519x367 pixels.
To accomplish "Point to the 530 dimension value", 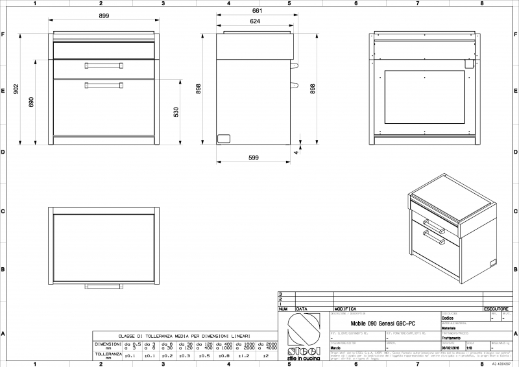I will [x=175, y=112].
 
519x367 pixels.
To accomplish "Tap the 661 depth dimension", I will [x=256, y=10].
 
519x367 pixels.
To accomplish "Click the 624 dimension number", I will [x=256, y=21].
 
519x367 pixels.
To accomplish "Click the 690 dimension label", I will [x=31, y=102].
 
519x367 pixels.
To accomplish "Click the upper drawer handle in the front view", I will [x=103, y=65].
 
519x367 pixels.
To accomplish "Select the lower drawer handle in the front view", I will [x=103, y=85].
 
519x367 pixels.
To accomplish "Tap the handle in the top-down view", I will [x=103, y=286].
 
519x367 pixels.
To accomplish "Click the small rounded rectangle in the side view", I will [x=224, y=138].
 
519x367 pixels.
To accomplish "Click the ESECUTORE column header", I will [x=495, y=310].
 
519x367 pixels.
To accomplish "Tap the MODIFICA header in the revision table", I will [x=345, y=310].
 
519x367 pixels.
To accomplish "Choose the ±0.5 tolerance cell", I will [x=204, y=355].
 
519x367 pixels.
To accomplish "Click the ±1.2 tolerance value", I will [x=244, y=355].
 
